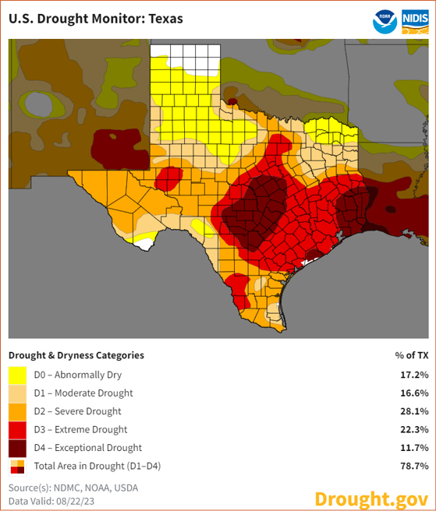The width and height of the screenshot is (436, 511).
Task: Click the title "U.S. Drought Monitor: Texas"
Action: [x=96, y=18]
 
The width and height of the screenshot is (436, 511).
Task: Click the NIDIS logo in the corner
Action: [x=415, y=20]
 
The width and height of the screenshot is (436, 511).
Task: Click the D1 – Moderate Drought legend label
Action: [x=83, y=393]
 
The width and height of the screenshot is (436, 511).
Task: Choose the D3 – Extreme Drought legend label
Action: [x=80, y=430]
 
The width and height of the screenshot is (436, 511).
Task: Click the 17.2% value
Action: [x=413, y=375]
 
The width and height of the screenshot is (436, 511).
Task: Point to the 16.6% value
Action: [x=413, y=393]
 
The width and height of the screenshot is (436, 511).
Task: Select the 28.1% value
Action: [x=413, y=411]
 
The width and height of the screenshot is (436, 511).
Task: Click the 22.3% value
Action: [x=413, y=430]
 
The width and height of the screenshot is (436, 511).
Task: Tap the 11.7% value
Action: [x=413, y=448]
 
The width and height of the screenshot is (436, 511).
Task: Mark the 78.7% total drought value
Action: [x=413, y=466]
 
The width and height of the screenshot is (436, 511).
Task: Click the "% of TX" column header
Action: [x=411, y=355]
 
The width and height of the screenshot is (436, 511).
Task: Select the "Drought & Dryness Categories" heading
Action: [x=76, y=355]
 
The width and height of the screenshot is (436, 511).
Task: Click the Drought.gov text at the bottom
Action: [x=370, y=499]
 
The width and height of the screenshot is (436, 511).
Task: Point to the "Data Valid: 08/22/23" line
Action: [x=52, y=500]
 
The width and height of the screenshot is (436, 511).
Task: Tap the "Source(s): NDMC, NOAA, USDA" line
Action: [x=73, y=488]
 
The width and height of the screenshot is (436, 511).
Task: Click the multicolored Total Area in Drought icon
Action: [x=17, y=467]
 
